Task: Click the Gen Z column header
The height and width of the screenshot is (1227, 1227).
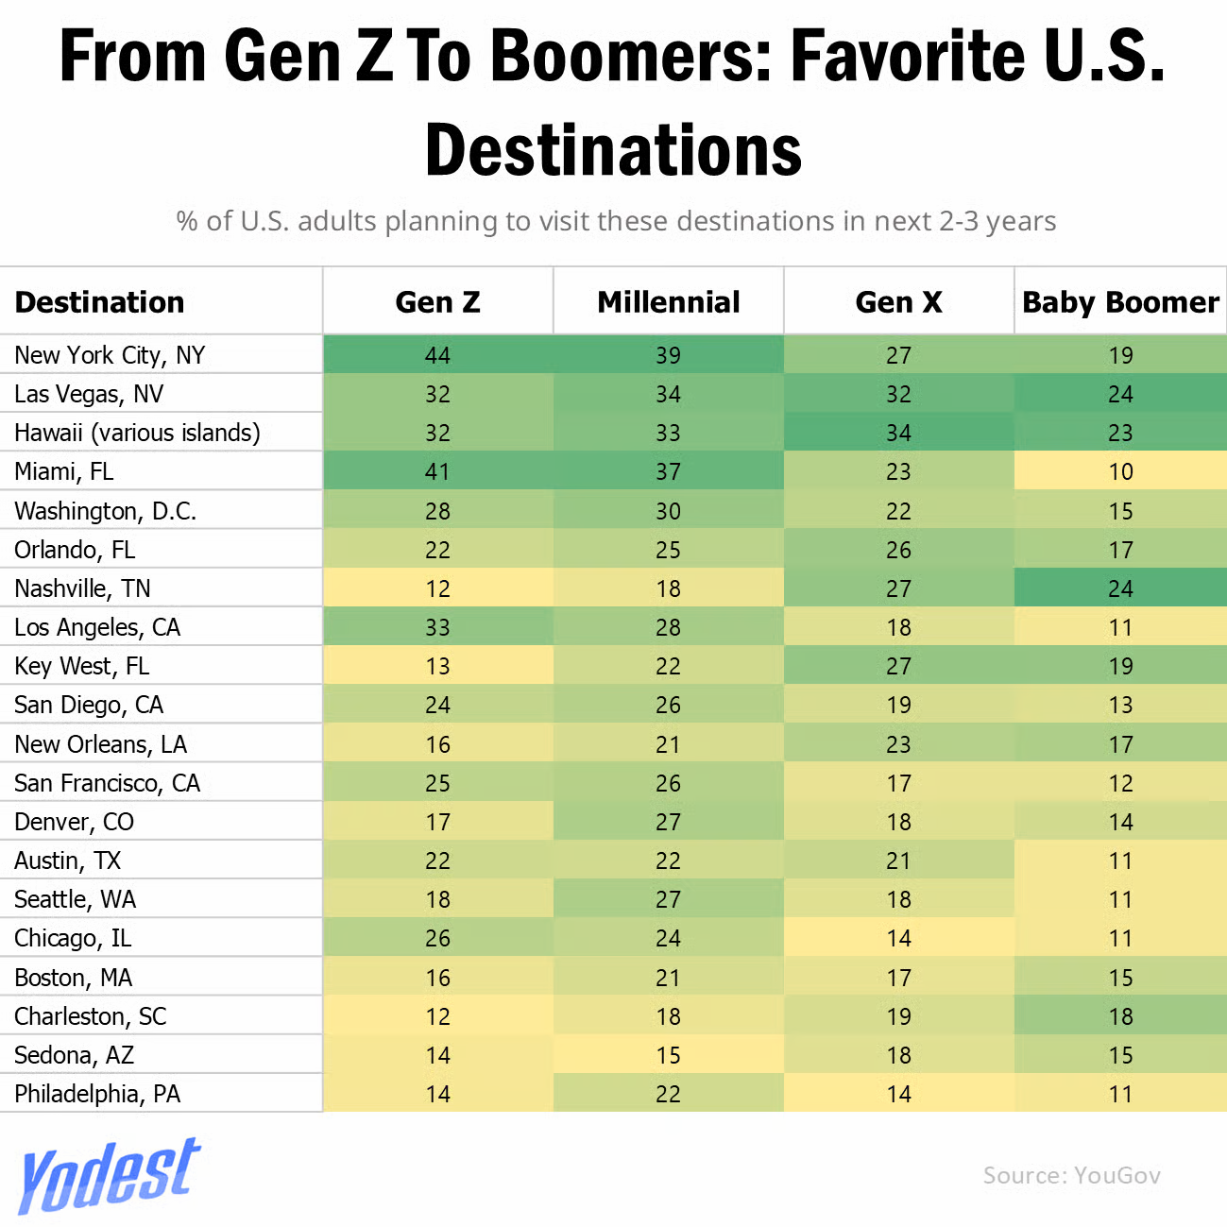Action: click(x=437, y=302)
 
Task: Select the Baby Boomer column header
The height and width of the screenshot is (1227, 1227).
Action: click(x=1120, y=302)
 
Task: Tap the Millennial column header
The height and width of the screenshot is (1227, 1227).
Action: click(x=668, y=302)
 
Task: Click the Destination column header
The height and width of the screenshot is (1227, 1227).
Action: click(x=100, y=302)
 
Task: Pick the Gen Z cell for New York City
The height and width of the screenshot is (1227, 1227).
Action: click(x=437, y=355)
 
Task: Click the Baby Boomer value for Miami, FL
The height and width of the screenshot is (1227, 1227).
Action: click(x=1120, y=471)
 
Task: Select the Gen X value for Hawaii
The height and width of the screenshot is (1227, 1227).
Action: click(x=898, y=433)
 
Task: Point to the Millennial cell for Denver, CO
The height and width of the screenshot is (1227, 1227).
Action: click(x=668, y=822)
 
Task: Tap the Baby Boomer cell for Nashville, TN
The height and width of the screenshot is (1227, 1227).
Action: click(x=1120, y=588)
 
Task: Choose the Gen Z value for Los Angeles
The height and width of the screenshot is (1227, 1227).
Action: click(x=437, y=627)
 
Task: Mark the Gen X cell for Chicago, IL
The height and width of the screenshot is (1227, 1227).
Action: click(x=898, y=938)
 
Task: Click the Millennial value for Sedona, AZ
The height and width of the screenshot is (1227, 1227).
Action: click(x=668, y=1055)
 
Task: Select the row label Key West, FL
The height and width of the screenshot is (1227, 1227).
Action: click(x=82, y=666)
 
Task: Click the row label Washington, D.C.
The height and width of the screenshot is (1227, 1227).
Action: click(x=106, y=511)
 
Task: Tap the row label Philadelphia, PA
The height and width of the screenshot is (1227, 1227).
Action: click(x=97, y=1094)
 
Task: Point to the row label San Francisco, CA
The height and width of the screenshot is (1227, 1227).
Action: click(x=108, y=783)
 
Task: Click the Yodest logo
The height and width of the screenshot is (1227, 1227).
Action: click(x=109, y=1175)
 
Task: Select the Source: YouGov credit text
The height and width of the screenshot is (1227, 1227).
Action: click(x=1071, y=1175)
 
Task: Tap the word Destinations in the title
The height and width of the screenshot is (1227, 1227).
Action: click(x=613, y=151)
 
